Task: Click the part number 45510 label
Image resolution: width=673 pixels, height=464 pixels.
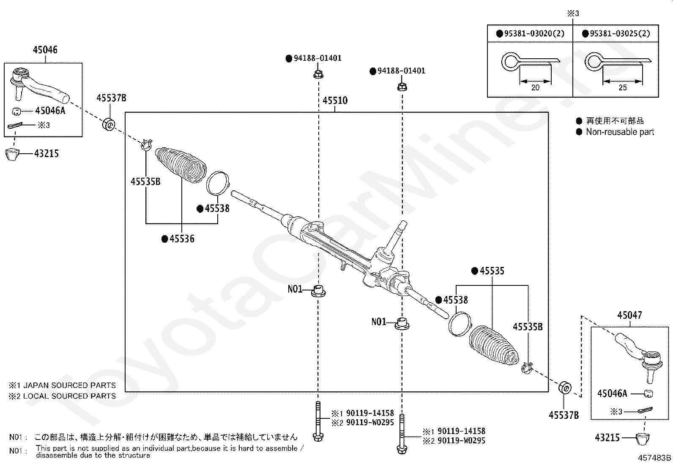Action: [x=335, y=100]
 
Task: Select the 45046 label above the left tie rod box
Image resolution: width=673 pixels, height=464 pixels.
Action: [x=45, y=49]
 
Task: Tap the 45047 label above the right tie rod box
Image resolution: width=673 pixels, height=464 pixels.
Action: [x=630, y=315]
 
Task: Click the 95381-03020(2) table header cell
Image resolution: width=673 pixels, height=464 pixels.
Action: [x=530, y=33]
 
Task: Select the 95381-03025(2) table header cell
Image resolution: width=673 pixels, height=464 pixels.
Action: [x=616, y=33]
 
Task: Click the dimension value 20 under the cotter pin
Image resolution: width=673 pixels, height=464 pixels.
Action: [x=535, y=88]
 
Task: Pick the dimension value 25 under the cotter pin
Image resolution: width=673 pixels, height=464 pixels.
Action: [x=623, y=88]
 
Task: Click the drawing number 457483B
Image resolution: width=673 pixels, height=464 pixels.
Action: [x=654, y=458]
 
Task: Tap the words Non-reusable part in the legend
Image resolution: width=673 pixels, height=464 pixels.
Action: [x=620, y=132]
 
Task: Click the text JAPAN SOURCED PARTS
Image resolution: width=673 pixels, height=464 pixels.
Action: [x=69, y=385]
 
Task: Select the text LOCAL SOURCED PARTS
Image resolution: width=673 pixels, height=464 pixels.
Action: [x=69, y=396]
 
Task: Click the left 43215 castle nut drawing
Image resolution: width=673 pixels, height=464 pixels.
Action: [x=12, y=154]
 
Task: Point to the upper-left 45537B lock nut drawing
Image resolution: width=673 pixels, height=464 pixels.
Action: [x=109, y=125]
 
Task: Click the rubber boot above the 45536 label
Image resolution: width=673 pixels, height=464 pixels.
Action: [x=181, y=165]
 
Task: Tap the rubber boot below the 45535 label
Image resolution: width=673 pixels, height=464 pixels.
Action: [x=494, y=345]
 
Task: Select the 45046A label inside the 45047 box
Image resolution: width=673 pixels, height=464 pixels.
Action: [x=612, y=393]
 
